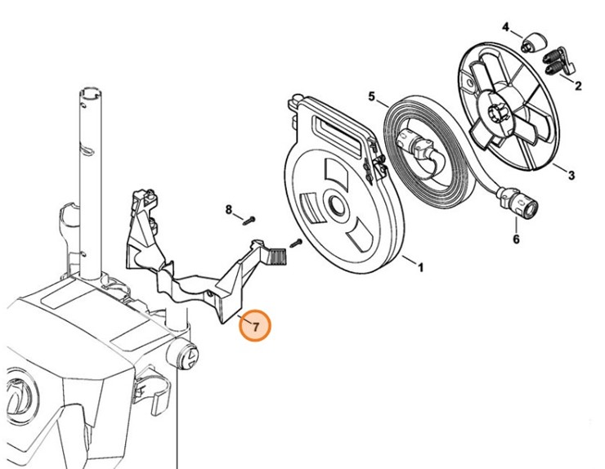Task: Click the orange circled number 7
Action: (x=255, y=327)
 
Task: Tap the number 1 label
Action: (x=420, y=267)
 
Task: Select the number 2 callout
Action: (x=578, y=85)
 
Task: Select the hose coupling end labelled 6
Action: (x=521, y=205)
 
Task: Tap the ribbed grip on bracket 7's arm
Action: (x=276, y=258)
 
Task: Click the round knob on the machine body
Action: (x=186, y=356)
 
